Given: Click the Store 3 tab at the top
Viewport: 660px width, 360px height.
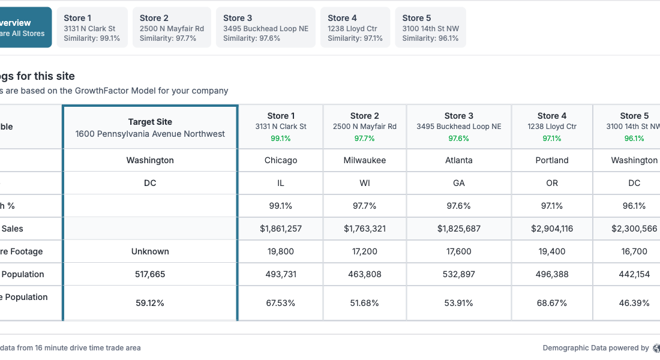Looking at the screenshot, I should point(265,28).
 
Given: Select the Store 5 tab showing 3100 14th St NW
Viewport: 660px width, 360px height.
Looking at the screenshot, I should point(430,28).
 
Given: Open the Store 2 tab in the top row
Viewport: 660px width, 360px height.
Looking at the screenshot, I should point(172,28).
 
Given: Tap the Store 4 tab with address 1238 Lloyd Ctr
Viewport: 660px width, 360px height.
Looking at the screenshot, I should point(355,28).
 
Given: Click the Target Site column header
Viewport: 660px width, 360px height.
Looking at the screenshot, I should point(150,127).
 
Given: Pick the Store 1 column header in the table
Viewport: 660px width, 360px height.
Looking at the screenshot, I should point(281,127).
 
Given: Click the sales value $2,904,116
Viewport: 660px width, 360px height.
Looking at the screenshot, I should point(552,229).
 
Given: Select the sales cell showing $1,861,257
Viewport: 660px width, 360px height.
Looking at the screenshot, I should point(281,229).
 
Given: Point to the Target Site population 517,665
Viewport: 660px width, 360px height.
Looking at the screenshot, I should point(150,274).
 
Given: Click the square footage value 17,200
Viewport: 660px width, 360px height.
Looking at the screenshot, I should point(364,251).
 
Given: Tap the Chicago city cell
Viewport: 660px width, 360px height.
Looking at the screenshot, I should point(281,160).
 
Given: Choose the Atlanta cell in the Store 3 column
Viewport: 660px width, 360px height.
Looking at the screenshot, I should point(459,160).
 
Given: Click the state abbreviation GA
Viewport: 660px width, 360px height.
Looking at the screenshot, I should point(459,183).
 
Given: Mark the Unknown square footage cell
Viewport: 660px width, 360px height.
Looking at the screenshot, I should point(150,251).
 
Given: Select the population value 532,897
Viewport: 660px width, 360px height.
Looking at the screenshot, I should point(459,274).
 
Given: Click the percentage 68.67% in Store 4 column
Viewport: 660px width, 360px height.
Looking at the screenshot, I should point(552,303).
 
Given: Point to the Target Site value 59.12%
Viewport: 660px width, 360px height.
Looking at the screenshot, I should point(150,303).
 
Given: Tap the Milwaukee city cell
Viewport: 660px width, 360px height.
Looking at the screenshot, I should point(364,160).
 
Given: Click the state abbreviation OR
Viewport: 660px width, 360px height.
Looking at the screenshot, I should point(552,183).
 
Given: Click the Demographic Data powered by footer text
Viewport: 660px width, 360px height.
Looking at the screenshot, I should point(595,348).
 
